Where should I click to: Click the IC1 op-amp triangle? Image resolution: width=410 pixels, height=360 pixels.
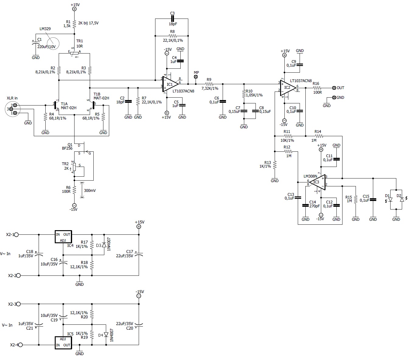click(x=170, y=84)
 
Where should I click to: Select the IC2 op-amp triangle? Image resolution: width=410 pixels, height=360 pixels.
click(x=288, y=88)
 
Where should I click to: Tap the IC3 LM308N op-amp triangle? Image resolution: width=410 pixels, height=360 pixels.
click(x=318, y=182)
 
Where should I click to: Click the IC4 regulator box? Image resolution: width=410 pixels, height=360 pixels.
click(x=63, y=237)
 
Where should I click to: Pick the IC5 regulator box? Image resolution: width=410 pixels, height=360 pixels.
click(x=63, y=343)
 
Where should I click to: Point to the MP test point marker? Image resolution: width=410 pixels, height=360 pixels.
click(x=196, y=77)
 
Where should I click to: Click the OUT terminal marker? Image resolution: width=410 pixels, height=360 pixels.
click(x=334, y=88)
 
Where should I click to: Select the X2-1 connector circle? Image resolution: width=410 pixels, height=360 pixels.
click(x=16, y=234)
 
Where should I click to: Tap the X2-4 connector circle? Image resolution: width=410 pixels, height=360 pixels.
click(x=20, y=345)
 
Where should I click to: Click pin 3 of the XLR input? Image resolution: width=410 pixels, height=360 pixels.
click(x=11, y=109)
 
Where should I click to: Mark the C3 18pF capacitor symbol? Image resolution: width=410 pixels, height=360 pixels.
click(x=172, y=19)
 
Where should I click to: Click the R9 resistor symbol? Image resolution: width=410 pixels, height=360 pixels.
click(x=209, y=84)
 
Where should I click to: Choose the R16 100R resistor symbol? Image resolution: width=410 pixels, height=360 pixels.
click(x=317, y=88)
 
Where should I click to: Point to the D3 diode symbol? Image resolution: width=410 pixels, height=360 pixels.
click(x=104, y=245)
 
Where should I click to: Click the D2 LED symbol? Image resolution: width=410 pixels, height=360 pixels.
click(x=402, y=199)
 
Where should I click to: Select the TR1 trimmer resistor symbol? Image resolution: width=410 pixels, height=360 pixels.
click(x=74, y=53)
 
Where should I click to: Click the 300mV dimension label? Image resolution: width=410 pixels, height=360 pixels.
click(x=90, y=190)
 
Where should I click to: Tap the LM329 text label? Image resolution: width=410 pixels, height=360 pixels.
click(x=45, y=29)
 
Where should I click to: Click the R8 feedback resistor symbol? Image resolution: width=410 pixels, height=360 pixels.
click(x=172, y=36)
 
